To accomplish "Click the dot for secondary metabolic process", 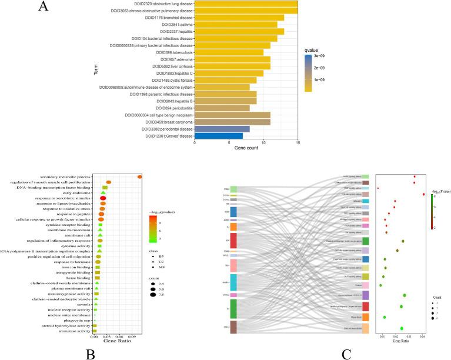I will tap(139, 176).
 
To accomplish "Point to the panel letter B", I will tap(91, 353).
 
